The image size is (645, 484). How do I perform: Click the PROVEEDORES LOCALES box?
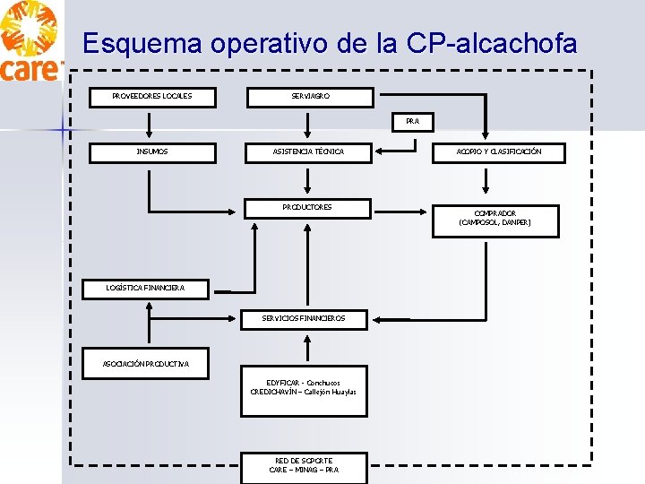[x=151, y=96]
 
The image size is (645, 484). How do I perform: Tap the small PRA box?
[x=412, y=121]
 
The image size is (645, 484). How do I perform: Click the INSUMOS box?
[x=151, y=151]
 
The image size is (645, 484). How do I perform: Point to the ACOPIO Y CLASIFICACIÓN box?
[x=498, y=151]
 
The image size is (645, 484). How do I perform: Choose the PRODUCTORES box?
[x=307, y=208]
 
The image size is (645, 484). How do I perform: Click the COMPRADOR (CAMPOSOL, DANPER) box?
[x=495, y=219]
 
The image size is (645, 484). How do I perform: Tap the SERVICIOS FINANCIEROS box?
[x=303, y=318]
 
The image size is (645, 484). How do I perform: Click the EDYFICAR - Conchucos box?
[x=303, y=387]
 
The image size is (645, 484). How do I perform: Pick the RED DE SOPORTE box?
[x=304, y=465]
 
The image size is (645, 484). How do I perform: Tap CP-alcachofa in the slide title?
[x=492, y=43]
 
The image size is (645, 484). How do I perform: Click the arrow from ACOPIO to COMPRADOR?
[x=485, y=184]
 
